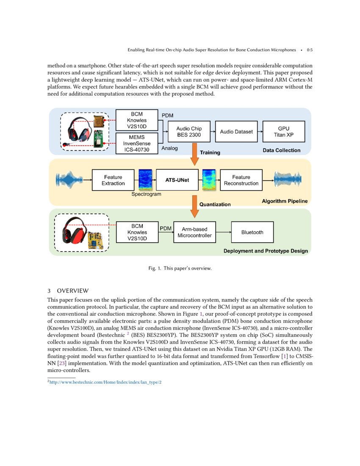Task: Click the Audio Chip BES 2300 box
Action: tap(189, 132)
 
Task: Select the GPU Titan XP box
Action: tap(284, 132)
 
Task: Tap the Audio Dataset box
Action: tap(236, 132)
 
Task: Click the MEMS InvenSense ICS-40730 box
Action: tap(137, 143)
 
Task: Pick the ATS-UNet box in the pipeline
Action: tap(177, 180)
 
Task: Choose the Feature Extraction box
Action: tap(113, 180)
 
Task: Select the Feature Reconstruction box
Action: tap(241, 180)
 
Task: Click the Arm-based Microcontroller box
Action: tap(194, 232)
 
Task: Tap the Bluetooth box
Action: tap(252, 232)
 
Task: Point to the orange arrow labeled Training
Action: tap(195, 154)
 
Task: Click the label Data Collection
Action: tap(282, 150)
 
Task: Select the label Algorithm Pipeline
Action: tap(285, 201)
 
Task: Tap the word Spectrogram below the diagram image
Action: tap(146, 194)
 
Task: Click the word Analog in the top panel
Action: tap(170, 148)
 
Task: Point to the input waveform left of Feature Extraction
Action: tap(69, 180)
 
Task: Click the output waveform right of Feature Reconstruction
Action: tap(291, 180)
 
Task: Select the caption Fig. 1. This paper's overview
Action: tap(180, 268)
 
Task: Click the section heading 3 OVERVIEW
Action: tap(68, 291)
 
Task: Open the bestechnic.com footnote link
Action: tap(105, 382)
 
